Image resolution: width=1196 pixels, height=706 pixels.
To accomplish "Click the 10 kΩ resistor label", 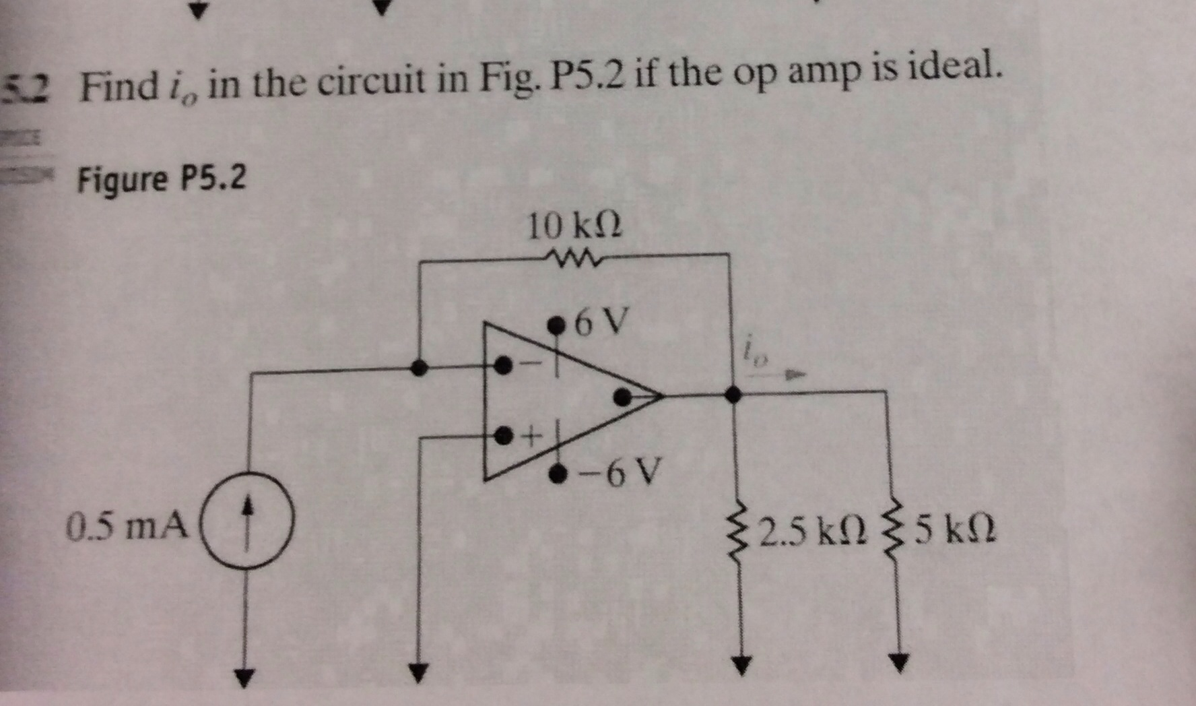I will pyautogui.click(x=574, y=226).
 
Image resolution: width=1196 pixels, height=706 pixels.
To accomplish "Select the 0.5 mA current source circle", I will pyautogui.click(x=247, y=522).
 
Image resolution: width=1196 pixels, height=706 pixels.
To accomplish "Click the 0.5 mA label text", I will pyautogui.click(x=129, y=526).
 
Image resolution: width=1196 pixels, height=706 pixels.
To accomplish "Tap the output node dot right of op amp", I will pyautogui.click(x=733, y=394).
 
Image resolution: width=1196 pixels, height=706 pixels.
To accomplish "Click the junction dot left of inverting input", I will pyautogui.click(x=419, y=367).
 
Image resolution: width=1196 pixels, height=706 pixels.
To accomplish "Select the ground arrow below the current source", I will pyautogui.click(x=245, y=676).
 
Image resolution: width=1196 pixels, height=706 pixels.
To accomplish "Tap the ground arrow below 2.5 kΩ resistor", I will pyautogui.click(x=741, y=664).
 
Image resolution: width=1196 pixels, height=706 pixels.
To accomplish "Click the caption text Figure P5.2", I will pyautogui.click(x=162, y=179).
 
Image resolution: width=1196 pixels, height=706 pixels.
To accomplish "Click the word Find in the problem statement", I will pyautogui.click(x=119, y=88).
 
